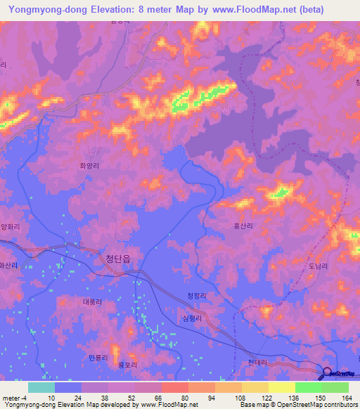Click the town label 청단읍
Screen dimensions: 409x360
117,259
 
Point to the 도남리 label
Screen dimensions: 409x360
318,266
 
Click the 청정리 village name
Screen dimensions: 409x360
198,297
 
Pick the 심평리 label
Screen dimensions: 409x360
191,318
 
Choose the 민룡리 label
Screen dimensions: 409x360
98,358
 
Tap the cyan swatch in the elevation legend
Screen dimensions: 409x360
41,387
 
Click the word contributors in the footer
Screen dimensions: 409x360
338,405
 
